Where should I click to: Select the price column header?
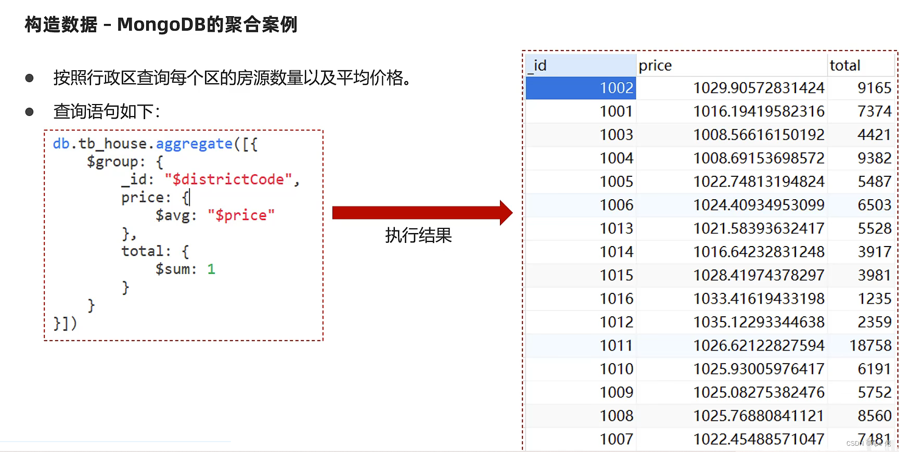coord(655,66)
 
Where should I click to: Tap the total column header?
coord(845,66)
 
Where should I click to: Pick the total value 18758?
coord(870,345)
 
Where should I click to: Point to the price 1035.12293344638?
coord(759,322)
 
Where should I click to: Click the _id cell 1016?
coord(616,299)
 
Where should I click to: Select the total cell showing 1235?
coord(874,299)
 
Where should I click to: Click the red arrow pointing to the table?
coord(421,213)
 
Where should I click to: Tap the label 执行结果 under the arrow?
coord(418,236)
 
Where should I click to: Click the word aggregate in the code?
coord(194,144)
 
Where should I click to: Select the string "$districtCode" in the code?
coord(228,179)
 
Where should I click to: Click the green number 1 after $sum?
coord(211,269)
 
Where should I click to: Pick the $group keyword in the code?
coord(112,162)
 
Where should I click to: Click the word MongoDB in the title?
coord(161,24)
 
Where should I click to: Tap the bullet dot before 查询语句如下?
coord(30,112)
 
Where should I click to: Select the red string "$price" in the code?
coord(241,215)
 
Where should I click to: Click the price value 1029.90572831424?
coord(759,88)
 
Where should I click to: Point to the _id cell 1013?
coord(616,228)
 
